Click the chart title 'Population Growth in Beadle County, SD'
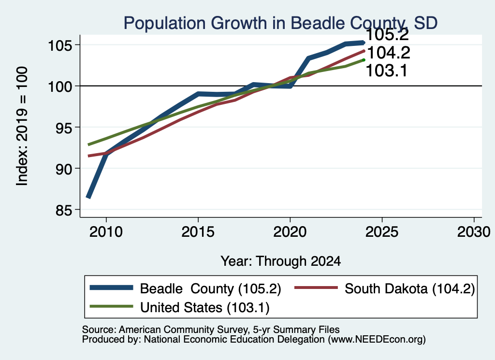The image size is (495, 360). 280,23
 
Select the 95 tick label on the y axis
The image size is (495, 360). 64,128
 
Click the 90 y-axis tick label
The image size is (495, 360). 64,169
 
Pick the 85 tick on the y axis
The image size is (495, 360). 64,211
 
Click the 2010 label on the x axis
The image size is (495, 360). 106,232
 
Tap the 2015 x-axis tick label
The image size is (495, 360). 198,232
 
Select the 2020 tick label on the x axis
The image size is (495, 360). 290,232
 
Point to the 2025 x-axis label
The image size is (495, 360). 382,232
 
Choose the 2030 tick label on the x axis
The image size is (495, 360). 474,232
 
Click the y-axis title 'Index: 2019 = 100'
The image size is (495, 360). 22,126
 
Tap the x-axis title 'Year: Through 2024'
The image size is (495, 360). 281,261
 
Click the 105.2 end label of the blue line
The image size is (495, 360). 387,35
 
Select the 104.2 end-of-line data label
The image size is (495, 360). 389,53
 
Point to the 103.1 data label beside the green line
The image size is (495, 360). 386,71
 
